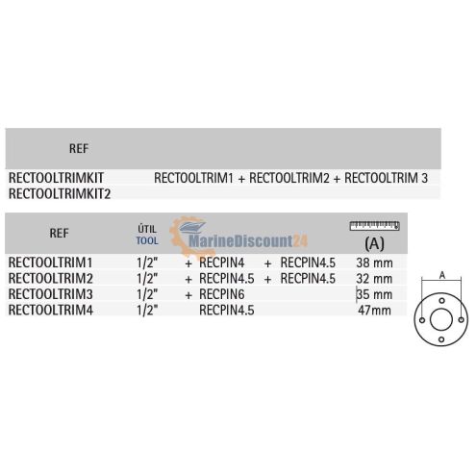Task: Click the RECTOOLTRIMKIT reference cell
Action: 56,178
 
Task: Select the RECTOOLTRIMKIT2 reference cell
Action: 60,193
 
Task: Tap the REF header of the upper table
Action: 79,149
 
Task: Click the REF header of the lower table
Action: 59,233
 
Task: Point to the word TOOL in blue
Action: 147,240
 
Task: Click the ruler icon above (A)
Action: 374,226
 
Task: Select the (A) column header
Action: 374,244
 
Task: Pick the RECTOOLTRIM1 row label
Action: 50,263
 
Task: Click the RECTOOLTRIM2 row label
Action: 51,278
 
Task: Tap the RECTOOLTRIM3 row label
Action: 51,294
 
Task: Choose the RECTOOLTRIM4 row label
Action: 51,310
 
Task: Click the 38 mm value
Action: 374,263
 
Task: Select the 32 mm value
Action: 374,279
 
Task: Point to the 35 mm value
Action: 374,294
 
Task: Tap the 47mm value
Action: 374,311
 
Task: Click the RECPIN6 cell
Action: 222,294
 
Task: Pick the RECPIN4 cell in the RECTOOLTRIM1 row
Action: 222,263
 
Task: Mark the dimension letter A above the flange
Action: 442,275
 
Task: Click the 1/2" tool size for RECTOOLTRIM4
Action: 147,310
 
